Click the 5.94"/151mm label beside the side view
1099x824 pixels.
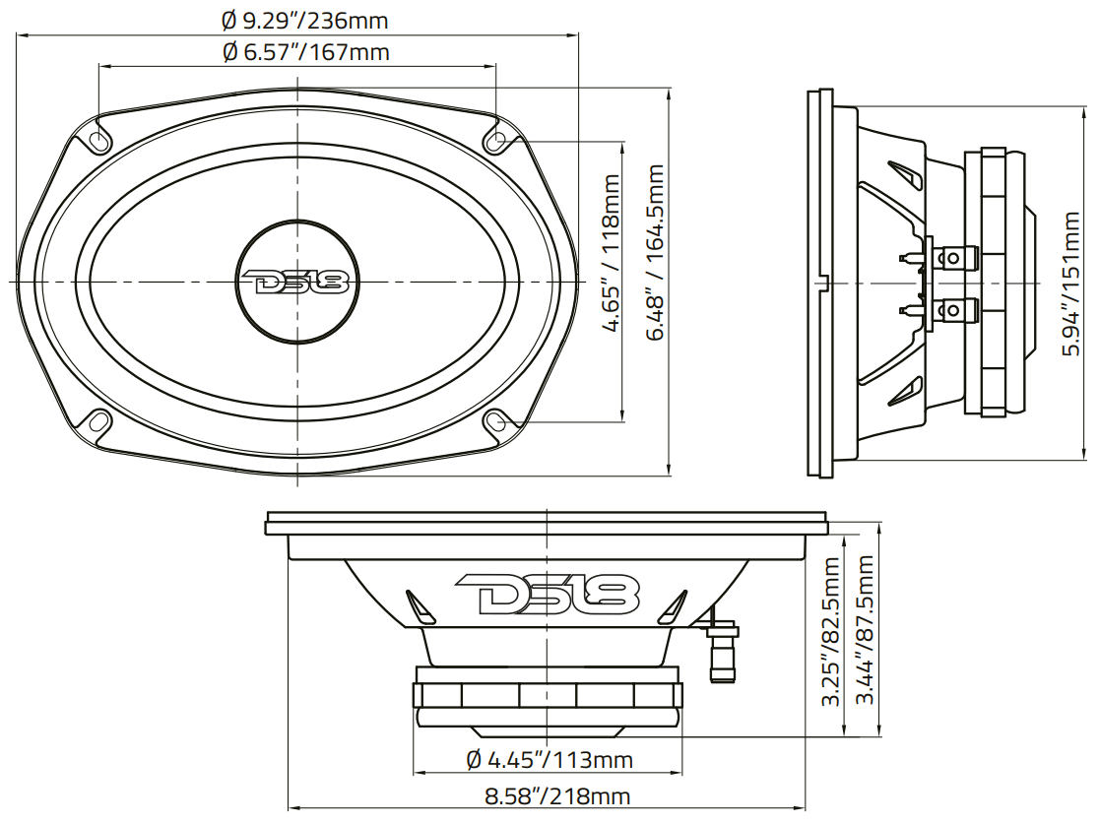(x=1075, y=284)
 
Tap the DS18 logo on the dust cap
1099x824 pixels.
(x=294, y=283)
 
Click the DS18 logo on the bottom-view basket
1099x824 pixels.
(x=548, y=594)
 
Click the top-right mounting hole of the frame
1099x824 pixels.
(x=498, y=139)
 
